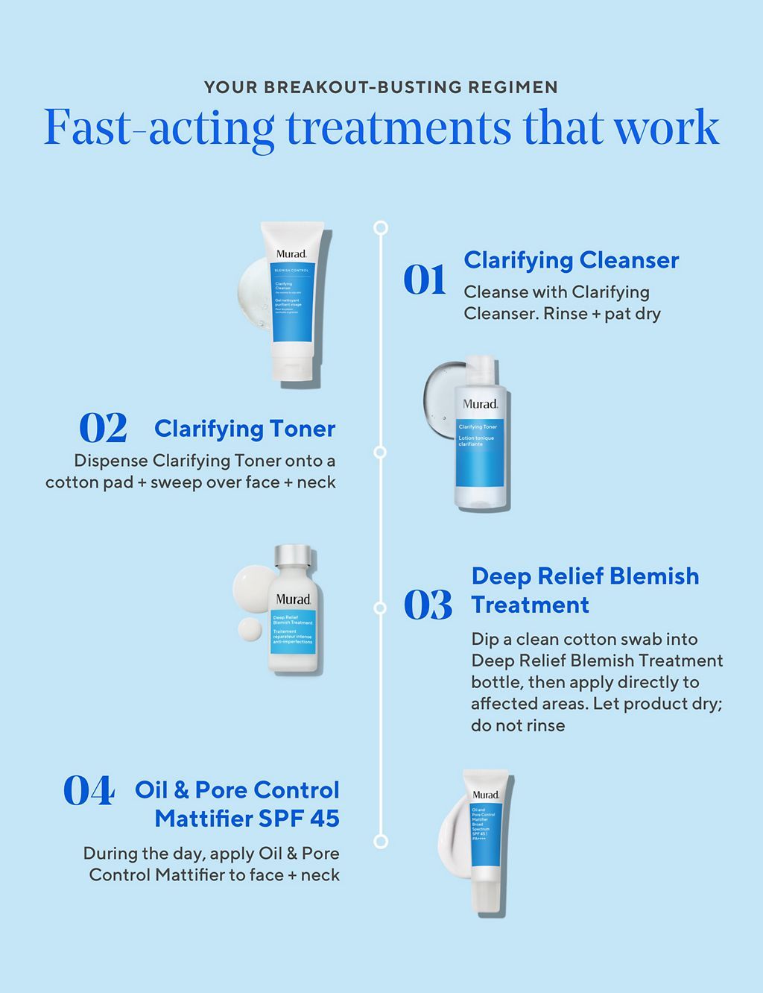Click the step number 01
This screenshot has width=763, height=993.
coord(424,280)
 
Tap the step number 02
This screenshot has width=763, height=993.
coord(103,429)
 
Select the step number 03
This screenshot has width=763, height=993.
coord(428,605)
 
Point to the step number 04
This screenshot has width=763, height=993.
coord(89,791)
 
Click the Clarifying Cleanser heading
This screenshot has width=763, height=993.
coord(571,260)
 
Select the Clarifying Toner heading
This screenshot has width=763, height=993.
coord(244,429)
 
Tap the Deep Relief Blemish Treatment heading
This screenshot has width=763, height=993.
coord(585,590)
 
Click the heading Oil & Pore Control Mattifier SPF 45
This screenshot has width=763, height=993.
coord(237,804)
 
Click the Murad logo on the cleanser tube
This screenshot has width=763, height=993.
coord(291,253)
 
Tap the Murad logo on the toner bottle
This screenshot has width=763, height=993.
coord(480,404)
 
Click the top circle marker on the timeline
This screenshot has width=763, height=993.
coord(381,227)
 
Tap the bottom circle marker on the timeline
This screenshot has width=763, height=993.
coord(381,842)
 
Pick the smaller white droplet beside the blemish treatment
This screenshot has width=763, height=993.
coord(250,630)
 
